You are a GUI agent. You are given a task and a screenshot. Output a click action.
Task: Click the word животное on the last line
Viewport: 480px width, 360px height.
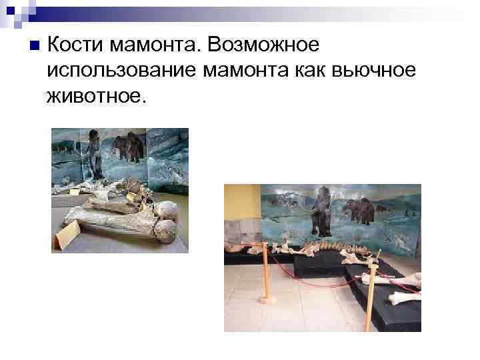[95, 97]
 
